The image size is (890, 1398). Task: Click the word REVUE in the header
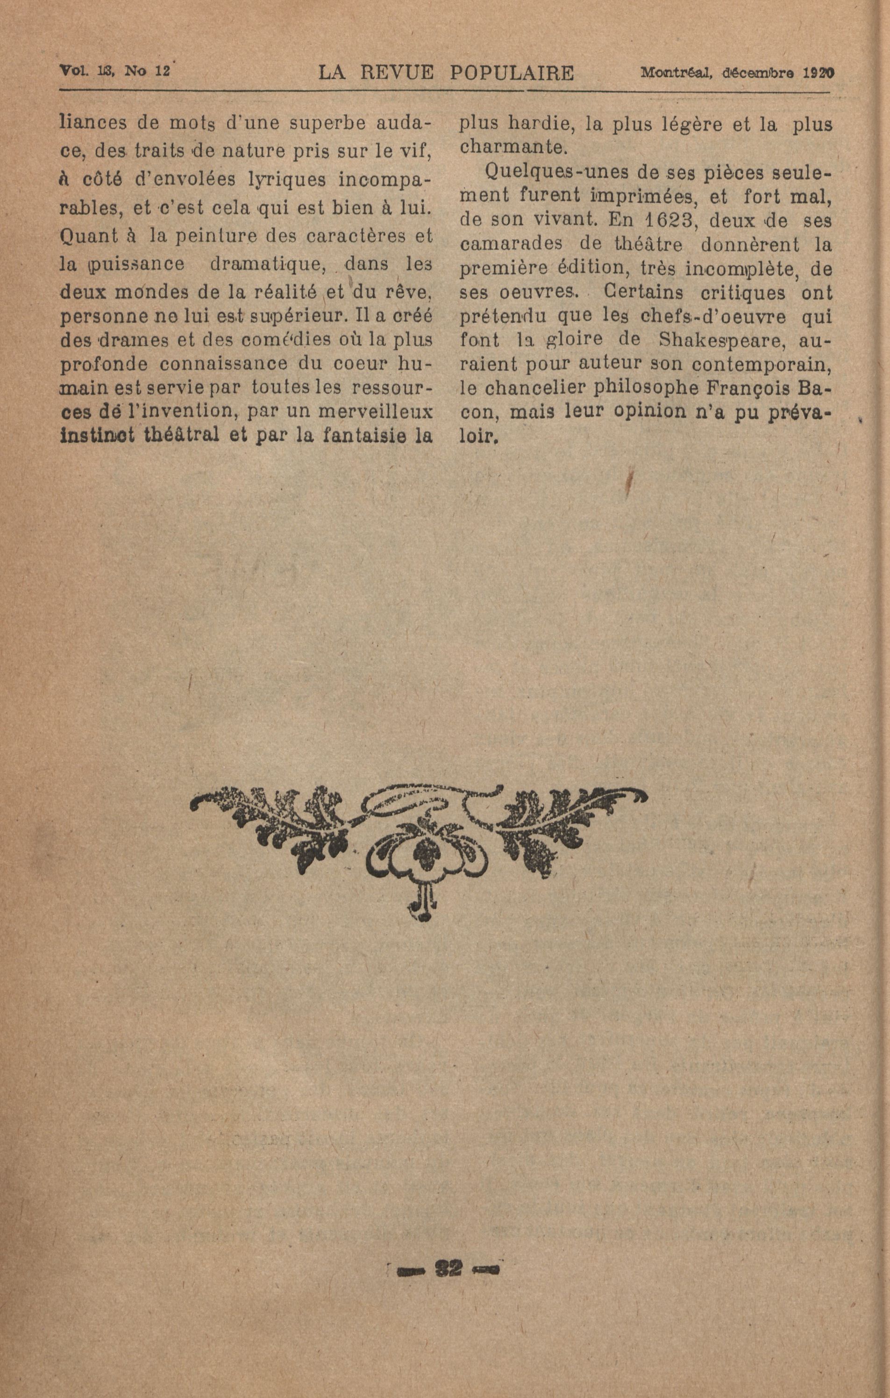[397, 73]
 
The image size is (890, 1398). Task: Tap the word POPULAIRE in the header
[512, 73]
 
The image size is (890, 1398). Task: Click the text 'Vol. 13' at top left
[81, 71]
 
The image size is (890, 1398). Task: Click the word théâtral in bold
[180, 435]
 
